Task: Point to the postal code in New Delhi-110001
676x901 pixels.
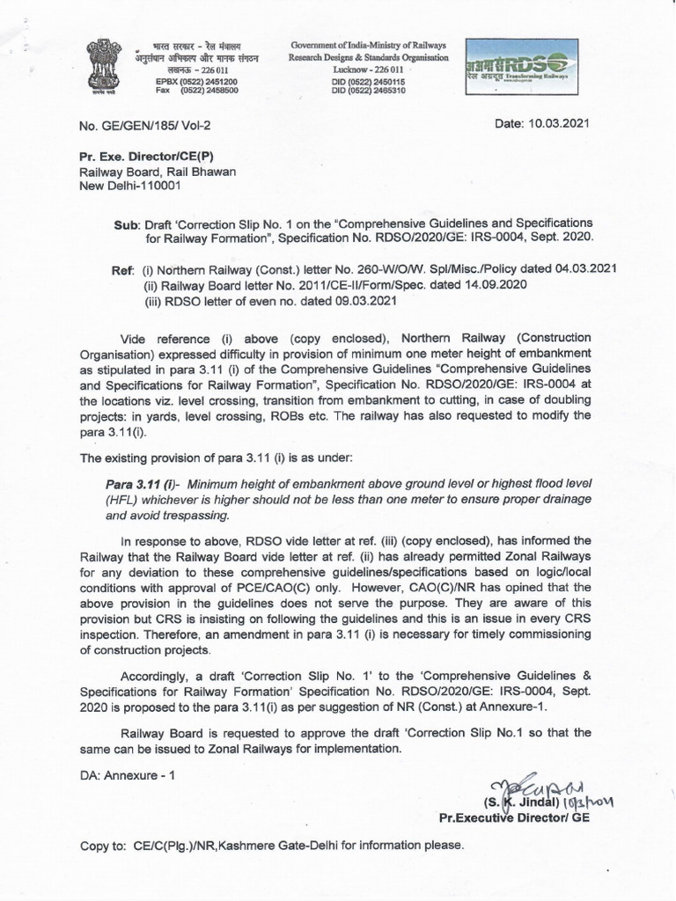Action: click(157, 186)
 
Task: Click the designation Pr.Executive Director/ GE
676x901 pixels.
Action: click(514, 817)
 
